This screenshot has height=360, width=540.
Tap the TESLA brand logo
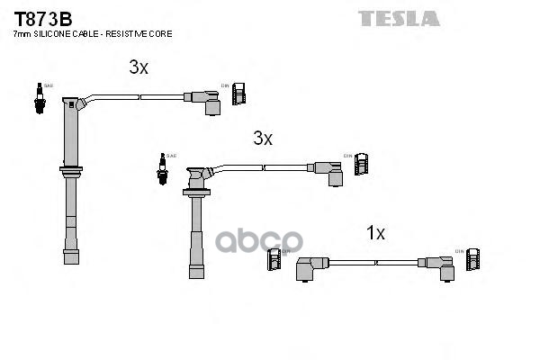coord(399,18)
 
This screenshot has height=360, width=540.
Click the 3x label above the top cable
coord(138,67)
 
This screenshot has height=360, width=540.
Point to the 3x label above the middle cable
coord(262,138)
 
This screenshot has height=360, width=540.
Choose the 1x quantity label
coord(375,233)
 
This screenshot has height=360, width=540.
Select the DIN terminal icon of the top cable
coord(239,94)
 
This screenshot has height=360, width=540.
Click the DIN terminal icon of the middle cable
coord(362,164)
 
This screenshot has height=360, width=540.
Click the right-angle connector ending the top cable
coord(206,100)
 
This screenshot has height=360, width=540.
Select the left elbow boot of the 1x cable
coord(310,266)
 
